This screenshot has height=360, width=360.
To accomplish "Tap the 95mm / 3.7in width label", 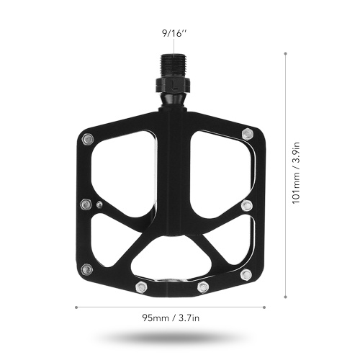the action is [171, 318].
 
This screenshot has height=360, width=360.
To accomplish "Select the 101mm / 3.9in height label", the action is [296, 173].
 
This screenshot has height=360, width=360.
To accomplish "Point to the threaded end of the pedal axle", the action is [174, 66].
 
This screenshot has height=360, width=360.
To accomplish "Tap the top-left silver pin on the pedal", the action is [88, 140].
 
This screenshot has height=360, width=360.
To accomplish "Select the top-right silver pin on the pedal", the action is [248, 134].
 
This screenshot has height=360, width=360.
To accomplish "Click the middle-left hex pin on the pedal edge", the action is [86, 204].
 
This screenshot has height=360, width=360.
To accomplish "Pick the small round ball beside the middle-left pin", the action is [99, 204].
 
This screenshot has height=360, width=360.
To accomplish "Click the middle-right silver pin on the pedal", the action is [247, 205].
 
